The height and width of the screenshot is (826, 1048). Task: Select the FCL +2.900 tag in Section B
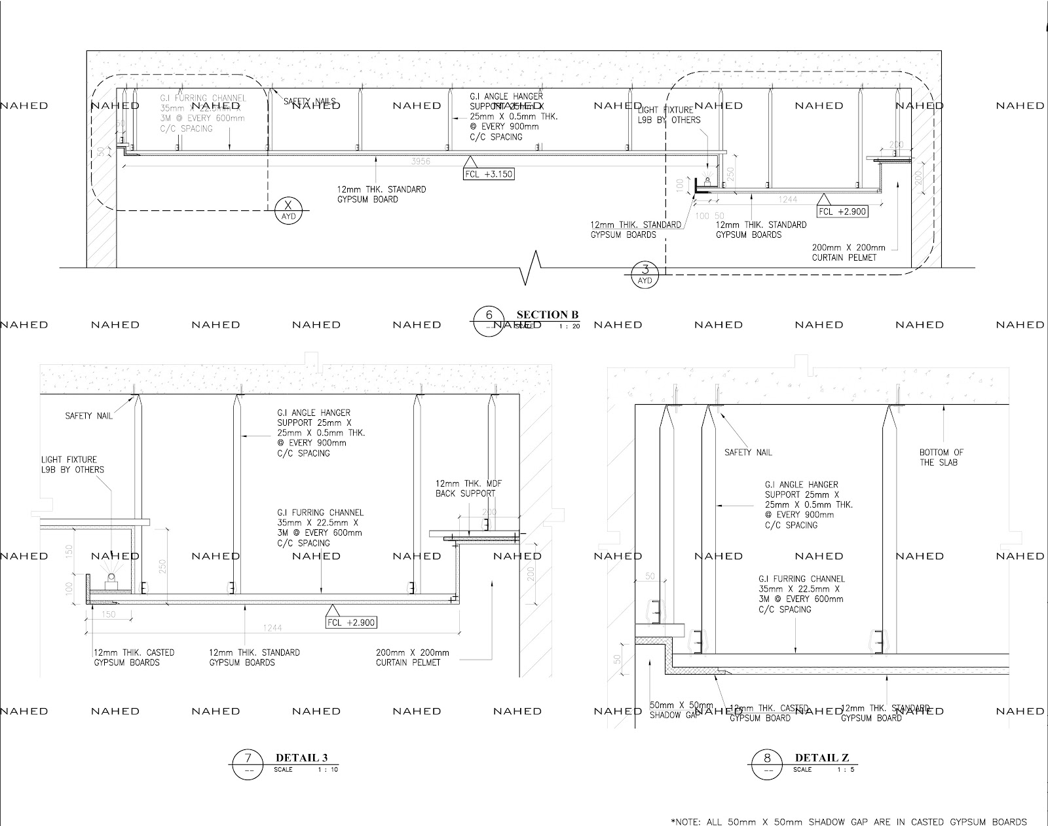(842, 211)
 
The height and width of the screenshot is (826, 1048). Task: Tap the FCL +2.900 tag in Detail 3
(351, 622)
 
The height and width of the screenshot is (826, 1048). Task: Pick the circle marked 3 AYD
(646, 274)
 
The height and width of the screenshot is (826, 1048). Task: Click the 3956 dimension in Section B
(421, 161)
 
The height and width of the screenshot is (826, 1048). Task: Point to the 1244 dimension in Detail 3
(272, 628)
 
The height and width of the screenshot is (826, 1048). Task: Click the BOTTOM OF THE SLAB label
(941, 457)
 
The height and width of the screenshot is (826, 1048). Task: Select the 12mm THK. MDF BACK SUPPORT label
(468, 488)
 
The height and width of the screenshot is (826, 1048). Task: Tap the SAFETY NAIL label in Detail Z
(748, 452)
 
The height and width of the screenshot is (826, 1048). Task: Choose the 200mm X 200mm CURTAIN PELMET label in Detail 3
(412, 658)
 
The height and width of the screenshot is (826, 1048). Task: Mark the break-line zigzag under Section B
(530, 267)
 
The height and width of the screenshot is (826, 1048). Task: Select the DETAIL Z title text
(821, 758)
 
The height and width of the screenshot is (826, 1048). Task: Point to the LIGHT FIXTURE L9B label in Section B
(668, 115)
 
